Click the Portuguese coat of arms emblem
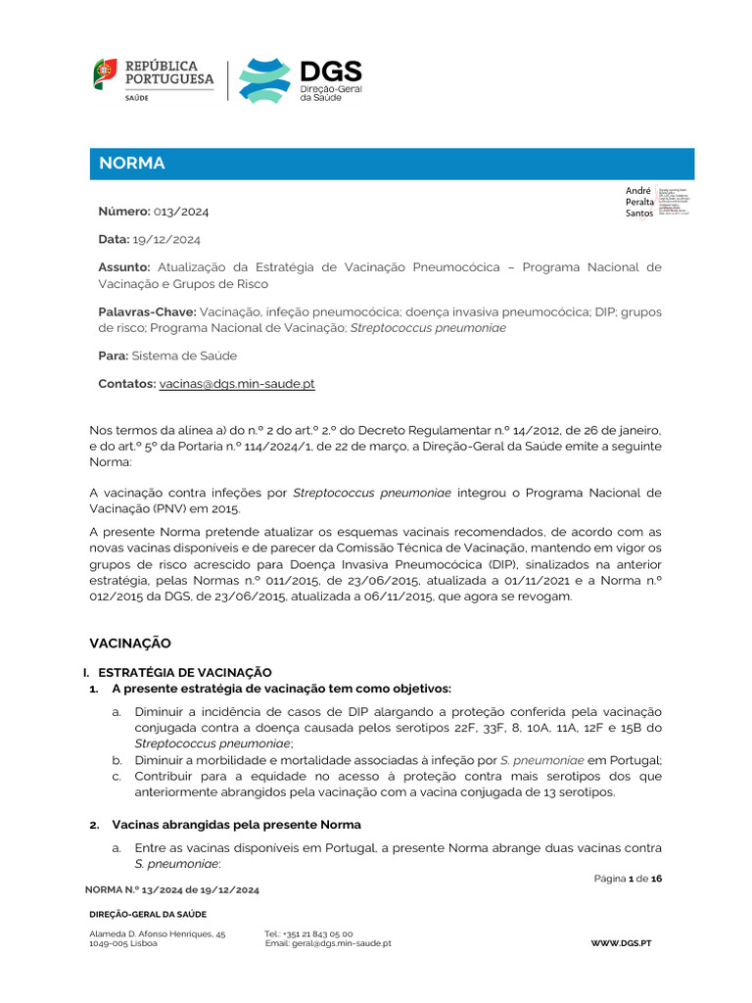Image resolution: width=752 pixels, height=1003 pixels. point(105,72)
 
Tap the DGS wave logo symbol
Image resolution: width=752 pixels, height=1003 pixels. point(264,80)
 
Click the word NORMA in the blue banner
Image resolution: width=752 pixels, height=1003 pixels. point(132,164)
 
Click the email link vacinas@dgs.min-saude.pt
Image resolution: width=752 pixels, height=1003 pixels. point(237,384)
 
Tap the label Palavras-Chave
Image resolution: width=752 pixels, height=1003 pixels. point(147,311)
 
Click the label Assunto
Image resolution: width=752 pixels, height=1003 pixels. point(124,267)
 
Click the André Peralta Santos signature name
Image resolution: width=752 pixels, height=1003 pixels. point(638,202)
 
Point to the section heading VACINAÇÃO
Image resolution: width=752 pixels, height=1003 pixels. point(130,644)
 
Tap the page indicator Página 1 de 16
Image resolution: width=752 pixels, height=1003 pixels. point(628,880)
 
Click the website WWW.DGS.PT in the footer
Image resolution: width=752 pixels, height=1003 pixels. point(622,942)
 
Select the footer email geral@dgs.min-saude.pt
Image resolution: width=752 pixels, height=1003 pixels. point(328,943)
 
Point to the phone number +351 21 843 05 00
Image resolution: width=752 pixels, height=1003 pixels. point(308,934)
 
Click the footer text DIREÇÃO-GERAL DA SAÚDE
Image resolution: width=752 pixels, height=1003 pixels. point(148,914)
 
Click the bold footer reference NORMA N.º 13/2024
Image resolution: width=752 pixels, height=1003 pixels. point(171,889)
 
